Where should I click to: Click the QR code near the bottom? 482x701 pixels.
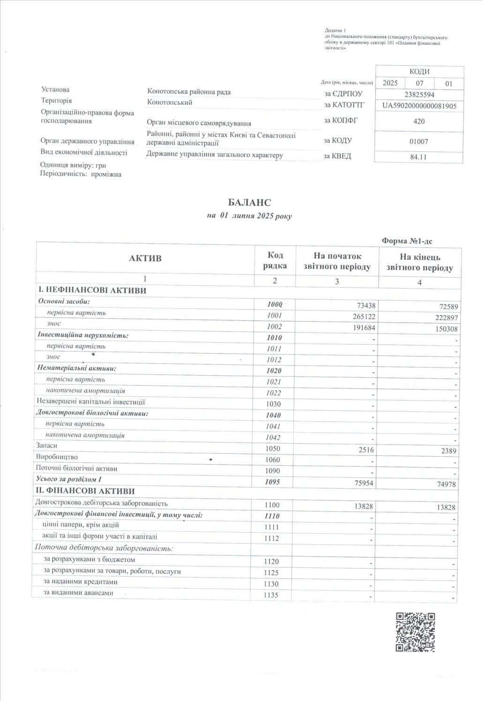coord(415,632)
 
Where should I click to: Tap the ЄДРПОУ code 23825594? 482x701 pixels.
coord(419,94)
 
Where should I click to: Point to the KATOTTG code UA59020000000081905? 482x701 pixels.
coord(419,106)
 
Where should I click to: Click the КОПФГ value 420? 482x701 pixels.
coord(419,121)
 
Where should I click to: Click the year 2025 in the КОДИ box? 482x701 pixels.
coord(390,83)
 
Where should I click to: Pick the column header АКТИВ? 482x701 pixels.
coord(149,258)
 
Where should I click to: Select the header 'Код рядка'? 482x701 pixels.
coord(275,260)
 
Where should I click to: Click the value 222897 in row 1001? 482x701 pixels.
coord(446,318)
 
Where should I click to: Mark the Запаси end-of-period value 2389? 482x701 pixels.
coord(448,451)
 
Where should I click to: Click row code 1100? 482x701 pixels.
coord(272,505)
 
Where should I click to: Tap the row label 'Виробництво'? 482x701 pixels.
coord(57,457)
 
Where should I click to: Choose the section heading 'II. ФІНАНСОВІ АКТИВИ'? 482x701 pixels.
coord(88,491)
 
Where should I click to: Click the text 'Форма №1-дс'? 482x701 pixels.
coord(407,241)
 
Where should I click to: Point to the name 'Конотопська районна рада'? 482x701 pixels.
coord(189,92)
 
